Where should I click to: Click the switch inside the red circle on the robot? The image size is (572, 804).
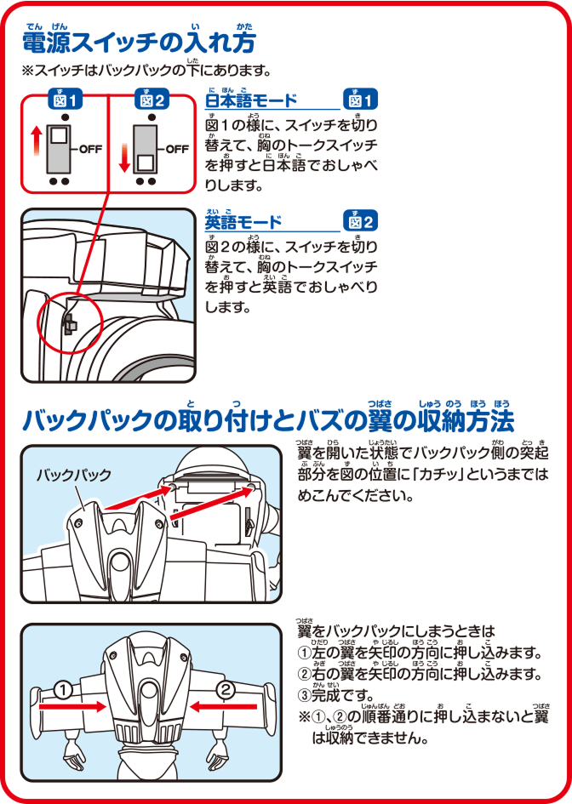[69, 324]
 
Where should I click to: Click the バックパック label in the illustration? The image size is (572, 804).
[73, 476]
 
